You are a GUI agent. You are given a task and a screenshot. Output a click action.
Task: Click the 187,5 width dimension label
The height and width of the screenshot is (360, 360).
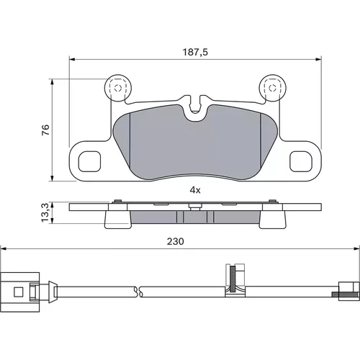pos(195,52)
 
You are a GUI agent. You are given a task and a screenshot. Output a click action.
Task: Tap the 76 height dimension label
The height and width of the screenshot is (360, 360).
pos(45,130)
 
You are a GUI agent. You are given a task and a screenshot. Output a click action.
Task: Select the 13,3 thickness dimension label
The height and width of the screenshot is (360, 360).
pos(45,212)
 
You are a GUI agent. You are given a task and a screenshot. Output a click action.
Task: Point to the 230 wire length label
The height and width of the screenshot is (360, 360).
pos(176,241)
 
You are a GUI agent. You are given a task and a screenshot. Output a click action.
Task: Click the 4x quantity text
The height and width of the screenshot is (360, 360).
pos(195,190)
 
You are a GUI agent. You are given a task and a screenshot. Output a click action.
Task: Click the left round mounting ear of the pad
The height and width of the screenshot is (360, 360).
pos(118,88)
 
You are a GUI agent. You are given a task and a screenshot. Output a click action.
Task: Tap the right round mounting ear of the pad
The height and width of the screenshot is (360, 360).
pos(272,88)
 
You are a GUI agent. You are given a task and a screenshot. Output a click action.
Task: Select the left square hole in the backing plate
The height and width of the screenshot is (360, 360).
pos(89,161)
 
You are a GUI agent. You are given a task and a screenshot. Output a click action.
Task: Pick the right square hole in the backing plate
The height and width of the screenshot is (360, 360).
pos(301,161)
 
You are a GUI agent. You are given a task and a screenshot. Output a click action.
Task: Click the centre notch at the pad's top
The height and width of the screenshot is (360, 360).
pos(195,107)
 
